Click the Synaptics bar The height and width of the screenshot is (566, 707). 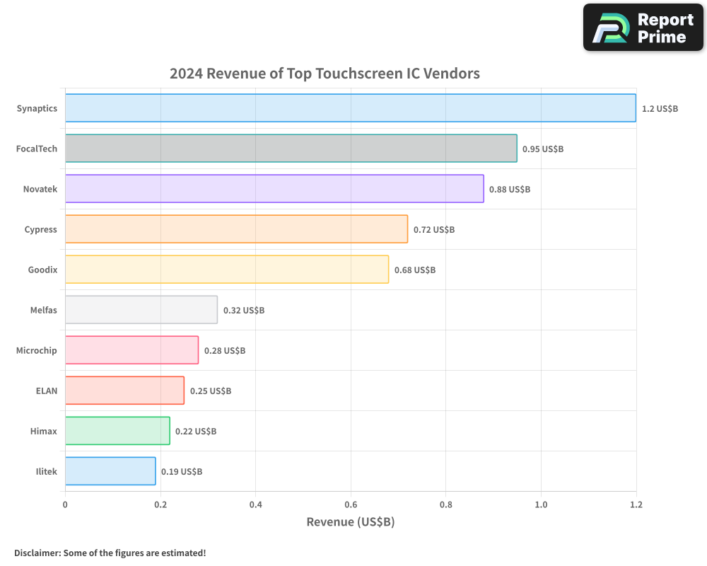(x=350, y=108)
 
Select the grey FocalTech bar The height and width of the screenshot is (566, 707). (x=291, y=149)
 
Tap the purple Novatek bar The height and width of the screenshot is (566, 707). (x=274, y=189)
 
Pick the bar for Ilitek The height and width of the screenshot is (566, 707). (x=110, y=471)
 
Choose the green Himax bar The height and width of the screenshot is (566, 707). (x=117, y=431)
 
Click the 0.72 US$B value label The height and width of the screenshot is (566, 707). (x=434, y=230)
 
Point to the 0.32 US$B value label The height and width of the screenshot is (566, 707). (x=244, y=311)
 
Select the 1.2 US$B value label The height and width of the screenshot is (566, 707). (x=660, y=109)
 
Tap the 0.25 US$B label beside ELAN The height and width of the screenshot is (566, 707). (x=211, y=391)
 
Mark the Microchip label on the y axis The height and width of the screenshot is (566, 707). (x=37, y=350)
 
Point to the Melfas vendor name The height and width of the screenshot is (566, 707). (x=43, y=310)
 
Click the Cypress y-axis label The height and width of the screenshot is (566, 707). (x=41, y=229)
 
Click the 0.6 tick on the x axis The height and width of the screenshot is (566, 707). (x=351, y=504)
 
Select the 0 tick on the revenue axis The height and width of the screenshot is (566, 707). (x=65, y=504)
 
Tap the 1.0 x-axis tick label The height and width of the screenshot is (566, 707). (x=541, y=504)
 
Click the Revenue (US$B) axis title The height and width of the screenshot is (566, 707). (x=350, y=522)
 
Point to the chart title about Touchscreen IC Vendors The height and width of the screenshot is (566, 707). (x=325, y=74)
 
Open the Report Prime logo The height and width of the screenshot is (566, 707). (x=643, y=28)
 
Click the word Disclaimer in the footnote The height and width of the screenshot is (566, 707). (x=36, y=553)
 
